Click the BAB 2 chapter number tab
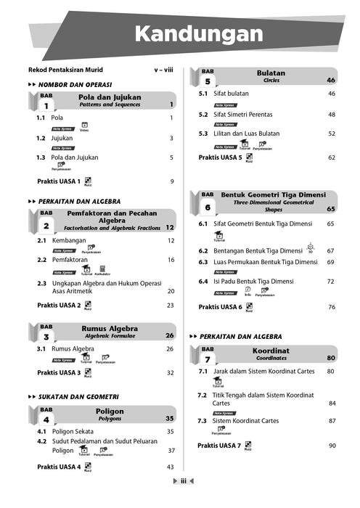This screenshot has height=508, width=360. (x=46, y=221)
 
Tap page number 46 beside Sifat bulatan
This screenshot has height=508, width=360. (x=331, y=94)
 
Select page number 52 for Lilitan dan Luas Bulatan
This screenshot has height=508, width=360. (x=331, y=134)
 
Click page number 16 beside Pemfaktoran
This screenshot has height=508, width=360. (x=171, y=259)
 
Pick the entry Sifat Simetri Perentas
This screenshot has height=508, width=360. (x=248, y=114)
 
